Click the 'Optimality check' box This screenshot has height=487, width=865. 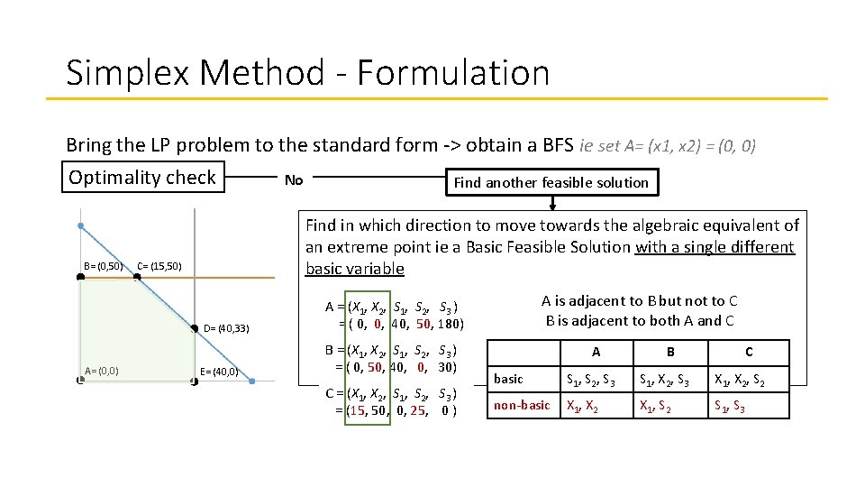(142, 178)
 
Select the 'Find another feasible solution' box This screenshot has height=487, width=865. (551, 182)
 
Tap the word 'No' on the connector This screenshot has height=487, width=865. (294, 180)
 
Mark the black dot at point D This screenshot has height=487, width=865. (195, 327)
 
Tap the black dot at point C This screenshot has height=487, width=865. (137, 277)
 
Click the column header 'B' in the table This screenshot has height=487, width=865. (669, 352)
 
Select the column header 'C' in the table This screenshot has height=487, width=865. (749, 352)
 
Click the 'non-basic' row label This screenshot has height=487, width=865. (522, 405)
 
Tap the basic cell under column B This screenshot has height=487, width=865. (668, 379)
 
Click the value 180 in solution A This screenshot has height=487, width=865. (450, 325)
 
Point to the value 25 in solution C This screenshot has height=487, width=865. (417, 411)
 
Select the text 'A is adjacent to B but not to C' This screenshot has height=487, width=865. (639, 301)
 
